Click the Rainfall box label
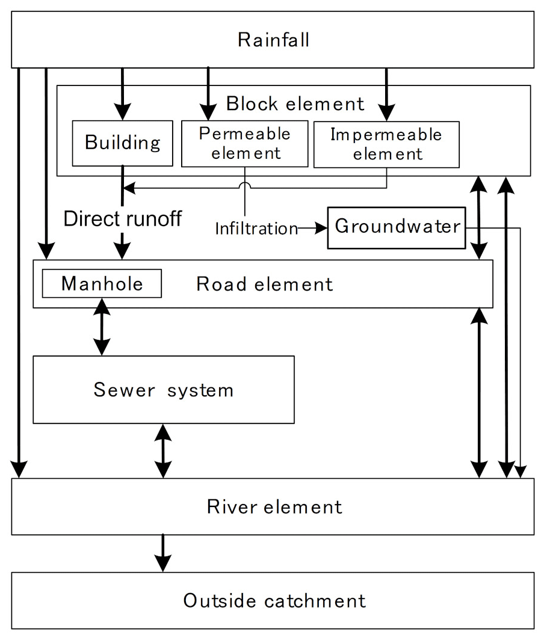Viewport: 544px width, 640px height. (273, 40)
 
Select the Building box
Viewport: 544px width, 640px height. (123, 143)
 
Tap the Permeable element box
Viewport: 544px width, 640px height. (244, 143)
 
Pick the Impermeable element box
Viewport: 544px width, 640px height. (386, 144)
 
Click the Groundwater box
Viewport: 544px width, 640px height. (397, 227)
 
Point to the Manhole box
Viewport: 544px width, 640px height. (102, 283)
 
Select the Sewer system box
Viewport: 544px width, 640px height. (163, 390)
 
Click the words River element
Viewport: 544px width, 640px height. (274, 506)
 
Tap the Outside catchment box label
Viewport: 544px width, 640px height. (274, 600)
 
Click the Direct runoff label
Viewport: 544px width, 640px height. (123, 218)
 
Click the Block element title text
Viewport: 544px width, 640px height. (295, 103)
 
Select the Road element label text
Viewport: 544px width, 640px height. (264, 284)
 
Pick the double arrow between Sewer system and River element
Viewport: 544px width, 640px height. (163, 451)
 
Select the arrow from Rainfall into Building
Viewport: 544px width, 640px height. (123, 93)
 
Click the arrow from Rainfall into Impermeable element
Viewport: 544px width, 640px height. (386, 93)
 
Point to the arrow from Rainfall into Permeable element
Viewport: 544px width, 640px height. (208, 93)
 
